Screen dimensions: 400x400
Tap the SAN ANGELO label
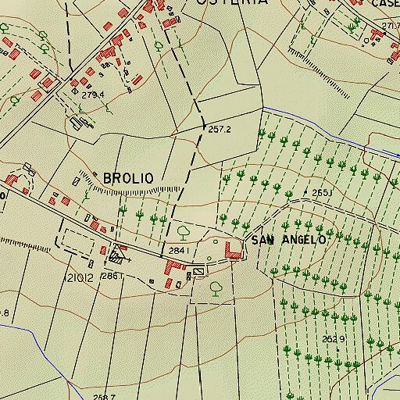pos(287,240)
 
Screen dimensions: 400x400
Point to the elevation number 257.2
pos(220,129)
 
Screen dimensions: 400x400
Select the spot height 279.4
pos(93,95)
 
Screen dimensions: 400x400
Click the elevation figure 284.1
pos(178,250)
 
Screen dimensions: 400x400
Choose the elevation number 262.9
pos(334,338)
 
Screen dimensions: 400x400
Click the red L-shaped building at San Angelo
pos(232,251)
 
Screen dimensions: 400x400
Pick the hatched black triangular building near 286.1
pos(118,253)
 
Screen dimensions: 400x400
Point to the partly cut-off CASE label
pos(385,4)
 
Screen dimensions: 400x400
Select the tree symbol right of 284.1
pos(184,231)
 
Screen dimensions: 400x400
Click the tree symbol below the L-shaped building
pos(216,287)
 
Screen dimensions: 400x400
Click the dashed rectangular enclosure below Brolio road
pos(81,239)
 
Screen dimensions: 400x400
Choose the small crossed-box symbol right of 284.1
pos(198,270)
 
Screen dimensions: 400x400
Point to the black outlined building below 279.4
pos(77,121)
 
